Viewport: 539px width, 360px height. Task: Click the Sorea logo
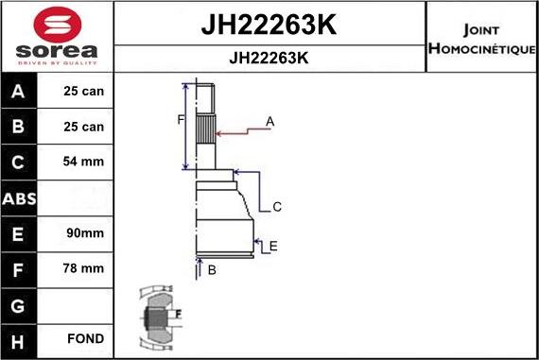(x=56, y=35)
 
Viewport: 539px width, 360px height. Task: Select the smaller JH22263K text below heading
(x=269, y=57)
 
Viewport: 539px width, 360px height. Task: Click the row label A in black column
(x=19, y=92)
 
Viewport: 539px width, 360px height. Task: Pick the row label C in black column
(x=19, y=162)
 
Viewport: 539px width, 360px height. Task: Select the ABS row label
(x=19, y=197)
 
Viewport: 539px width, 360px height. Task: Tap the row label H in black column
(x=19, y=339)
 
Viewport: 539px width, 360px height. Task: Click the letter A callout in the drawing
(x=269, y=121)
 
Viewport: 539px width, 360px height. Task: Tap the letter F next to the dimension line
(x=181, y=119)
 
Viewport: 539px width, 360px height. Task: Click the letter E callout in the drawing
(x=272, y=247)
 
